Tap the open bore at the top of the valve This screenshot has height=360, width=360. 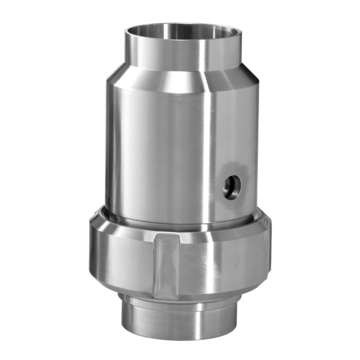point(183,39)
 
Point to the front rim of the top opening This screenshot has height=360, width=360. point(183,55)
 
